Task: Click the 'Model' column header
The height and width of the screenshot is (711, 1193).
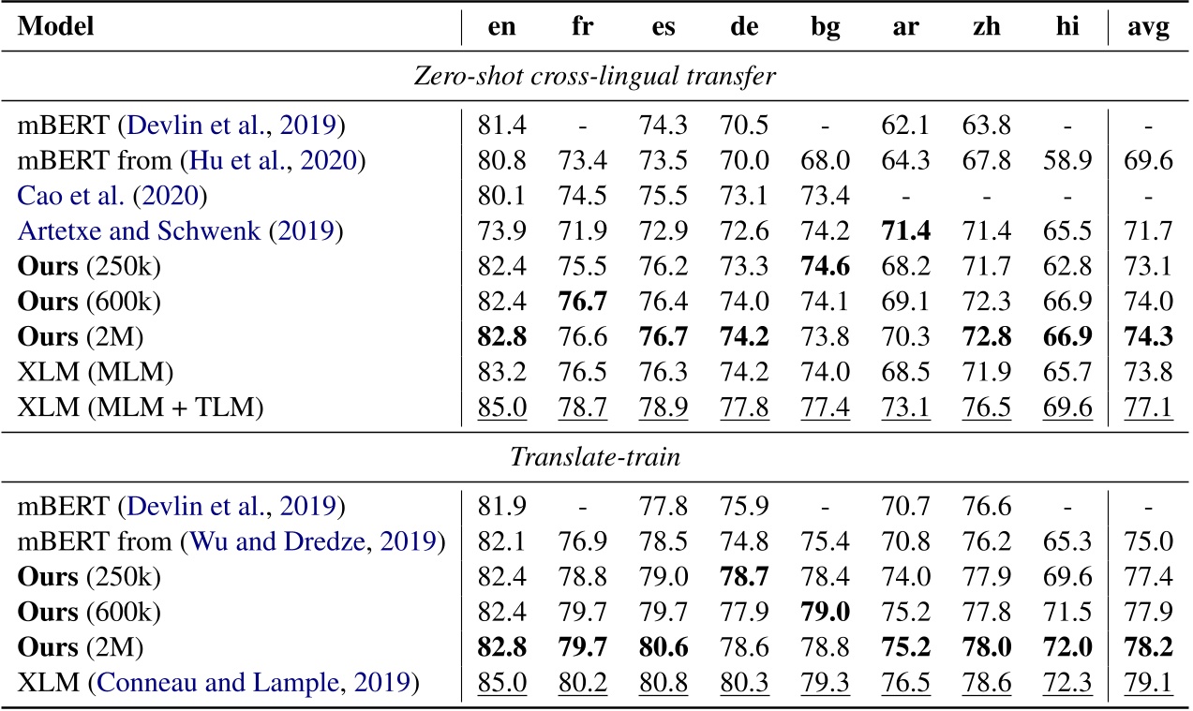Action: tap(55, 28)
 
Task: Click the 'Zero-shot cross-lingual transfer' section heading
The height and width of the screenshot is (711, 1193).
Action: tap(595, 76)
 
